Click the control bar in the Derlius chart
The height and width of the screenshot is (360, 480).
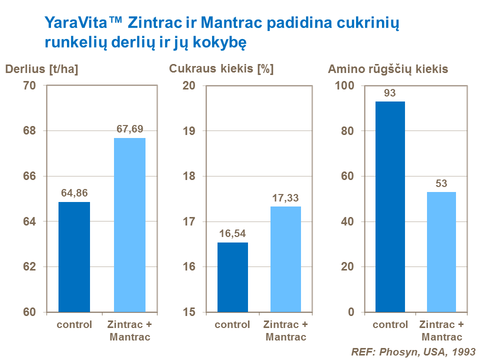[x=74, y=257]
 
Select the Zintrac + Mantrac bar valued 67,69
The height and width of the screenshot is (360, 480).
[x=129, y=225]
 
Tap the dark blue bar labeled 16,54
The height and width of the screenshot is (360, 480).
[x=232, y=277]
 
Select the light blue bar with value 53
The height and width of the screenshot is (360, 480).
[x=441, y=252]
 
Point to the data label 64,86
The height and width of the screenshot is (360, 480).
[x=74, y=192]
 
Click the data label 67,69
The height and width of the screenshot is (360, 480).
[x=129, y=128]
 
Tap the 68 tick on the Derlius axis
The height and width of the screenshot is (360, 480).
[x=29, y=131]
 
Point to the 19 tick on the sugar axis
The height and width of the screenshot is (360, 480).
[x=188, y=131]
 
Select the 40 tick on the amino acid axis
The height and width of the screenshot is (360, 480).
[x=346, y=221]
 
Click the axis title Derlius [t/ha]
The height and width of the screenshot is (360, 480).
[x=42, y=69]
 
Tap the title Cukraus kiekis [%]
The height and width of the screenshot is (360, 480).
[x=221, y=69]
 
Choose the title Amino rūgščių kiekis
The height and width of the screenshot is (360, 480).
[x=387, y=69]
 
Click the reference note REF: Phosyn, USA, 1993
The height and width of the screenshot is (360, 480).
[x=413, y=351]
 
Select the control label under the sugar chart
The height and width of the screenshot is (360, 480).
[x=232, y=324]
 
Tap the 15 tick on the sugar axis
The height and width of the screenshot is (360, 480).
[x=188, y=312]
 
